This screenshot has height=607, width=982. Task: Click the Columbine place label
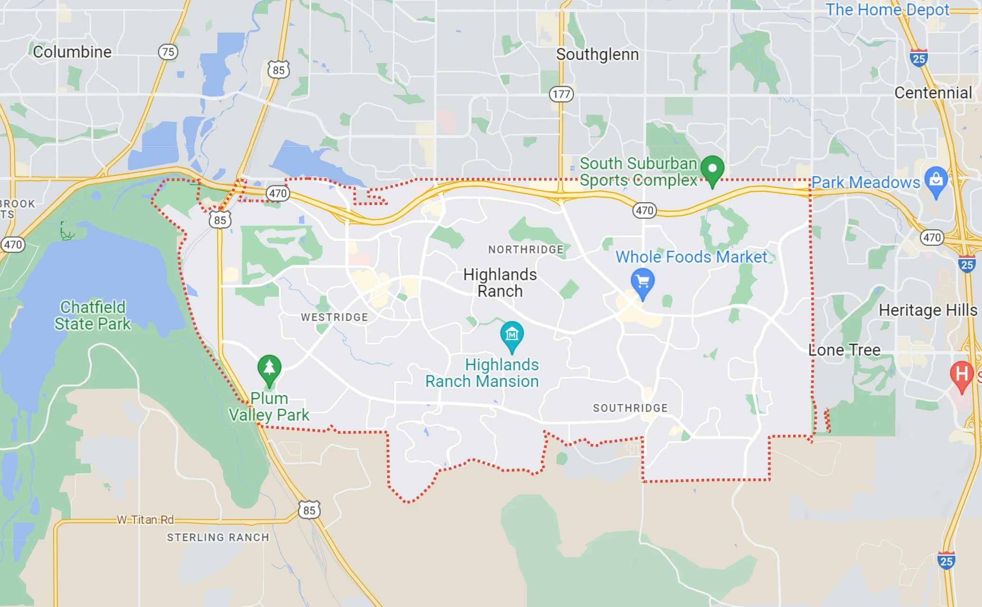tap(72, 52)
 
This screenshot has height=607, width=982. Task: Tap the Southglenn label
tap(597, 55)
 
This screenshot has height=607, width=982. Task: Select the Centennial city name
tap(933, 93)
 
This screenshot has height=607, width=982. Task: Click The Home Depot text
tap(887, 9)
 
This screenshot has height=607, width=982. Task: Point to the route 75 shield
tap(168, 52)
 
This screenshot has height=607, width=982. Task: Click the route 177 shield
tap(561, 94)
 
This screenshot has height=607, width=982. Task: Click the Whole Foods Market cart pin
tap(642, 282)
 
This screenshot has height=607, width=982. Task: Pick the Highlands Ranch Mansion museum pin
tap(512, 336)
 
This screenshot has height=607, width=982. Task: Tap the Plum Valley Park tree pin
tap(269, 369)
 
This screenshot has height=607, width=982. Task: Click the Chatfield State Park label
tap(93, 316)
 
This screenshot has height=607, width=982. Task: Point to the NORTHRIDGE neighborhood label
tap(526, 250)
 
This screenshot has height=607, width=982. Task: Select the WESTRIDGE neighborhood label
tap(334, 317)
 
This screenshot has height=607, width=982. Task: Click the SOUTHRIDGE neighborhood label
tap(630, 408)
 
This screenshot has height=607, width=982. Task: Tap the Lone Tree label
tap(844, 350)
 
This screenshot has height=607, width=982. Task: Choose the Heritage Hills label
tap(927, 310)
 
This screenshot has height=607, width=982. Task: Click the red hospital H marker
tap(962, 374)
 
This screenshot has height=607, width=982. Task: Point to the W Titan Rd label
tap(146, 520)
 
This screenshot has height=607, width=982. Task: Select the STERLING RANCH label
tap(218, 537)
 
